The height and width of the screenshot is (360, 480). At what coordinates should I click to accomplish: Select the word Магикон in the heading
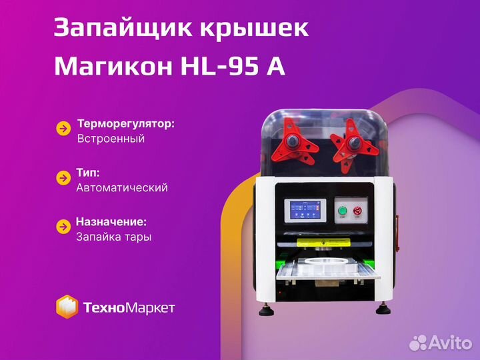point(113,66)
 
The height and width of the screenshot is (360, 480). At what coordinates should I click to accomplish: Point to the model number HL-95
point(219,66)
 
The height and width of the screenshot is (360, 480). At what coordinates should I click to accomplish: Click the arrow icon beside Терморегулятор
point(64,129)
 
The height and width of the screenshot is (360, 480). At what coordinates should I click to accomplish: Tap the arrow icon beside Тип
point(64,178)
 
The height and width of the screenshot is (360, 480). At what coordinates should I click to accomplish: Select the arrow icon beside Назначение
point(64,227)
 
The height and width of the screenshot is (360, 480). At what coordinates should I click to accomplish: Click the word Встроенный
point(111,139)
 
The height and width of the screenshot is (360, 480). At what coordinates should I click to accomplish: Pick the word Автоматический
point(122,187)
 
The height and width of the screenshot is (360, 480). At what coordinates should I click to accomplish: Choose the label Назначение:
point(111,222)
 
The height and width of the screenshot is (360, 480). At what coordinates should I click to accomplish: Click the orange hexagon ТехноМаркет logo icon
point(67,307)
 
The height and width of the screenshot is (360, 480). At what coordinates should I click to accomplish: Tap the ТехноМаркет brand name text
point(129,307)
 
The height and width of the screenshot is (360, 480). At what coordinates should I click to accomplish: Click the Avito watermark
point(441,342)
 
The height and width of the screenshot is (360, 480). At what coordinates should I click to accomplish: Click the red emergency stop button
point(357,211)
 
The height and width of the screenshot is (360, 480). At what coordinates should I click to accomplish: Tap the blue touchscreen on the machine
point(305,210)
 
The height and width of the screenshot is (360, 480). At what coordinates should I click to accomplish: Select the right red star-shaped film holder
point(354,145)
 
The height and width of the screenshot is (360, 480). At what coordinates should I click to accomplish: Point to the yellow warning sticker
point(323,243)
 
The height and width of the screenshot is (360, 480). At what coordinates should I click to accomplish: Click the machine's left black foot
point(266,310)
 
